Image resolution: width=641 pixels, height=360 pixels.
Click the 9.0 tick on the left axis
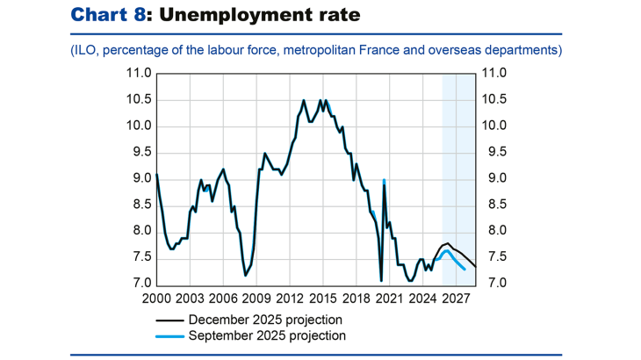140,179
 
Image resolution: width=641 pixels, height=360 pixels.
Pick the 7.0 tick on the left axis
140,284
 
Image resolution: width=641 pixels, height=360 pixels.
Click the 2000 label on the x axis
156,299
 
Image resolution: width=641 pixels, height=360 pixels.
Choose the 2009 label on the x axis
256,299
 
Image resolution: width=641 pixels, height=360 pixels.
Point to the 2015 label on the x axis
321,299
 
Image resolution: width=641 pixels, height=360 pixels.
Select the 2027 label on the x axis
454,299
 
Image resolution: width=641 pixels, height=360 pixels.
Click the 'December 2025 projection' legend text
265,320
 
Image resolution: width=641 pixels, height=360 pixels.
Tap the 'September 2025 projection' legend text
267,335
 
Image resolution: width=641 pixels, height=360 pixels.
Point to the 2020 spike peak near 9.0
385,180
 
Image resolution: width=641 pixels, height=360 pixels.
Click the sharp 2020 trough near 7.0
381,280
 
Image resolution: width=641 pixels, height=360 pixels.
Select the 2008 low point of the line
245,276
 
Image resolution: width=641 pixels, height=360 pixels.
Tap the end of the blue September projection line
465,270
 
